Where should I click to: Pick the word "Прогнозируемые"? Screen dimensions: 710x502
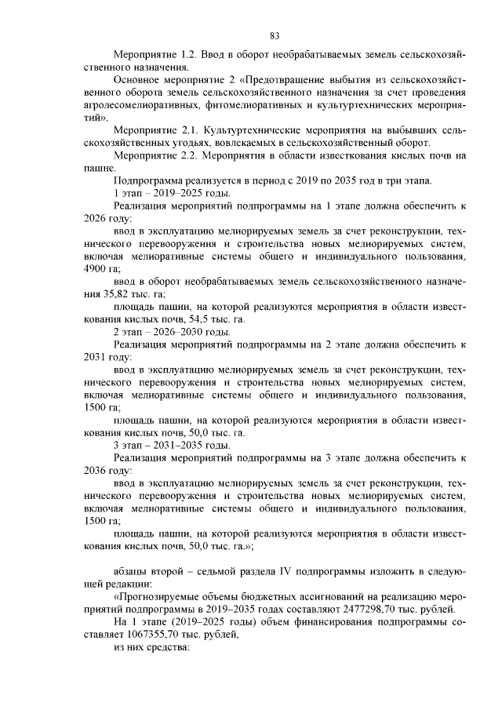coord(160,597)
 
